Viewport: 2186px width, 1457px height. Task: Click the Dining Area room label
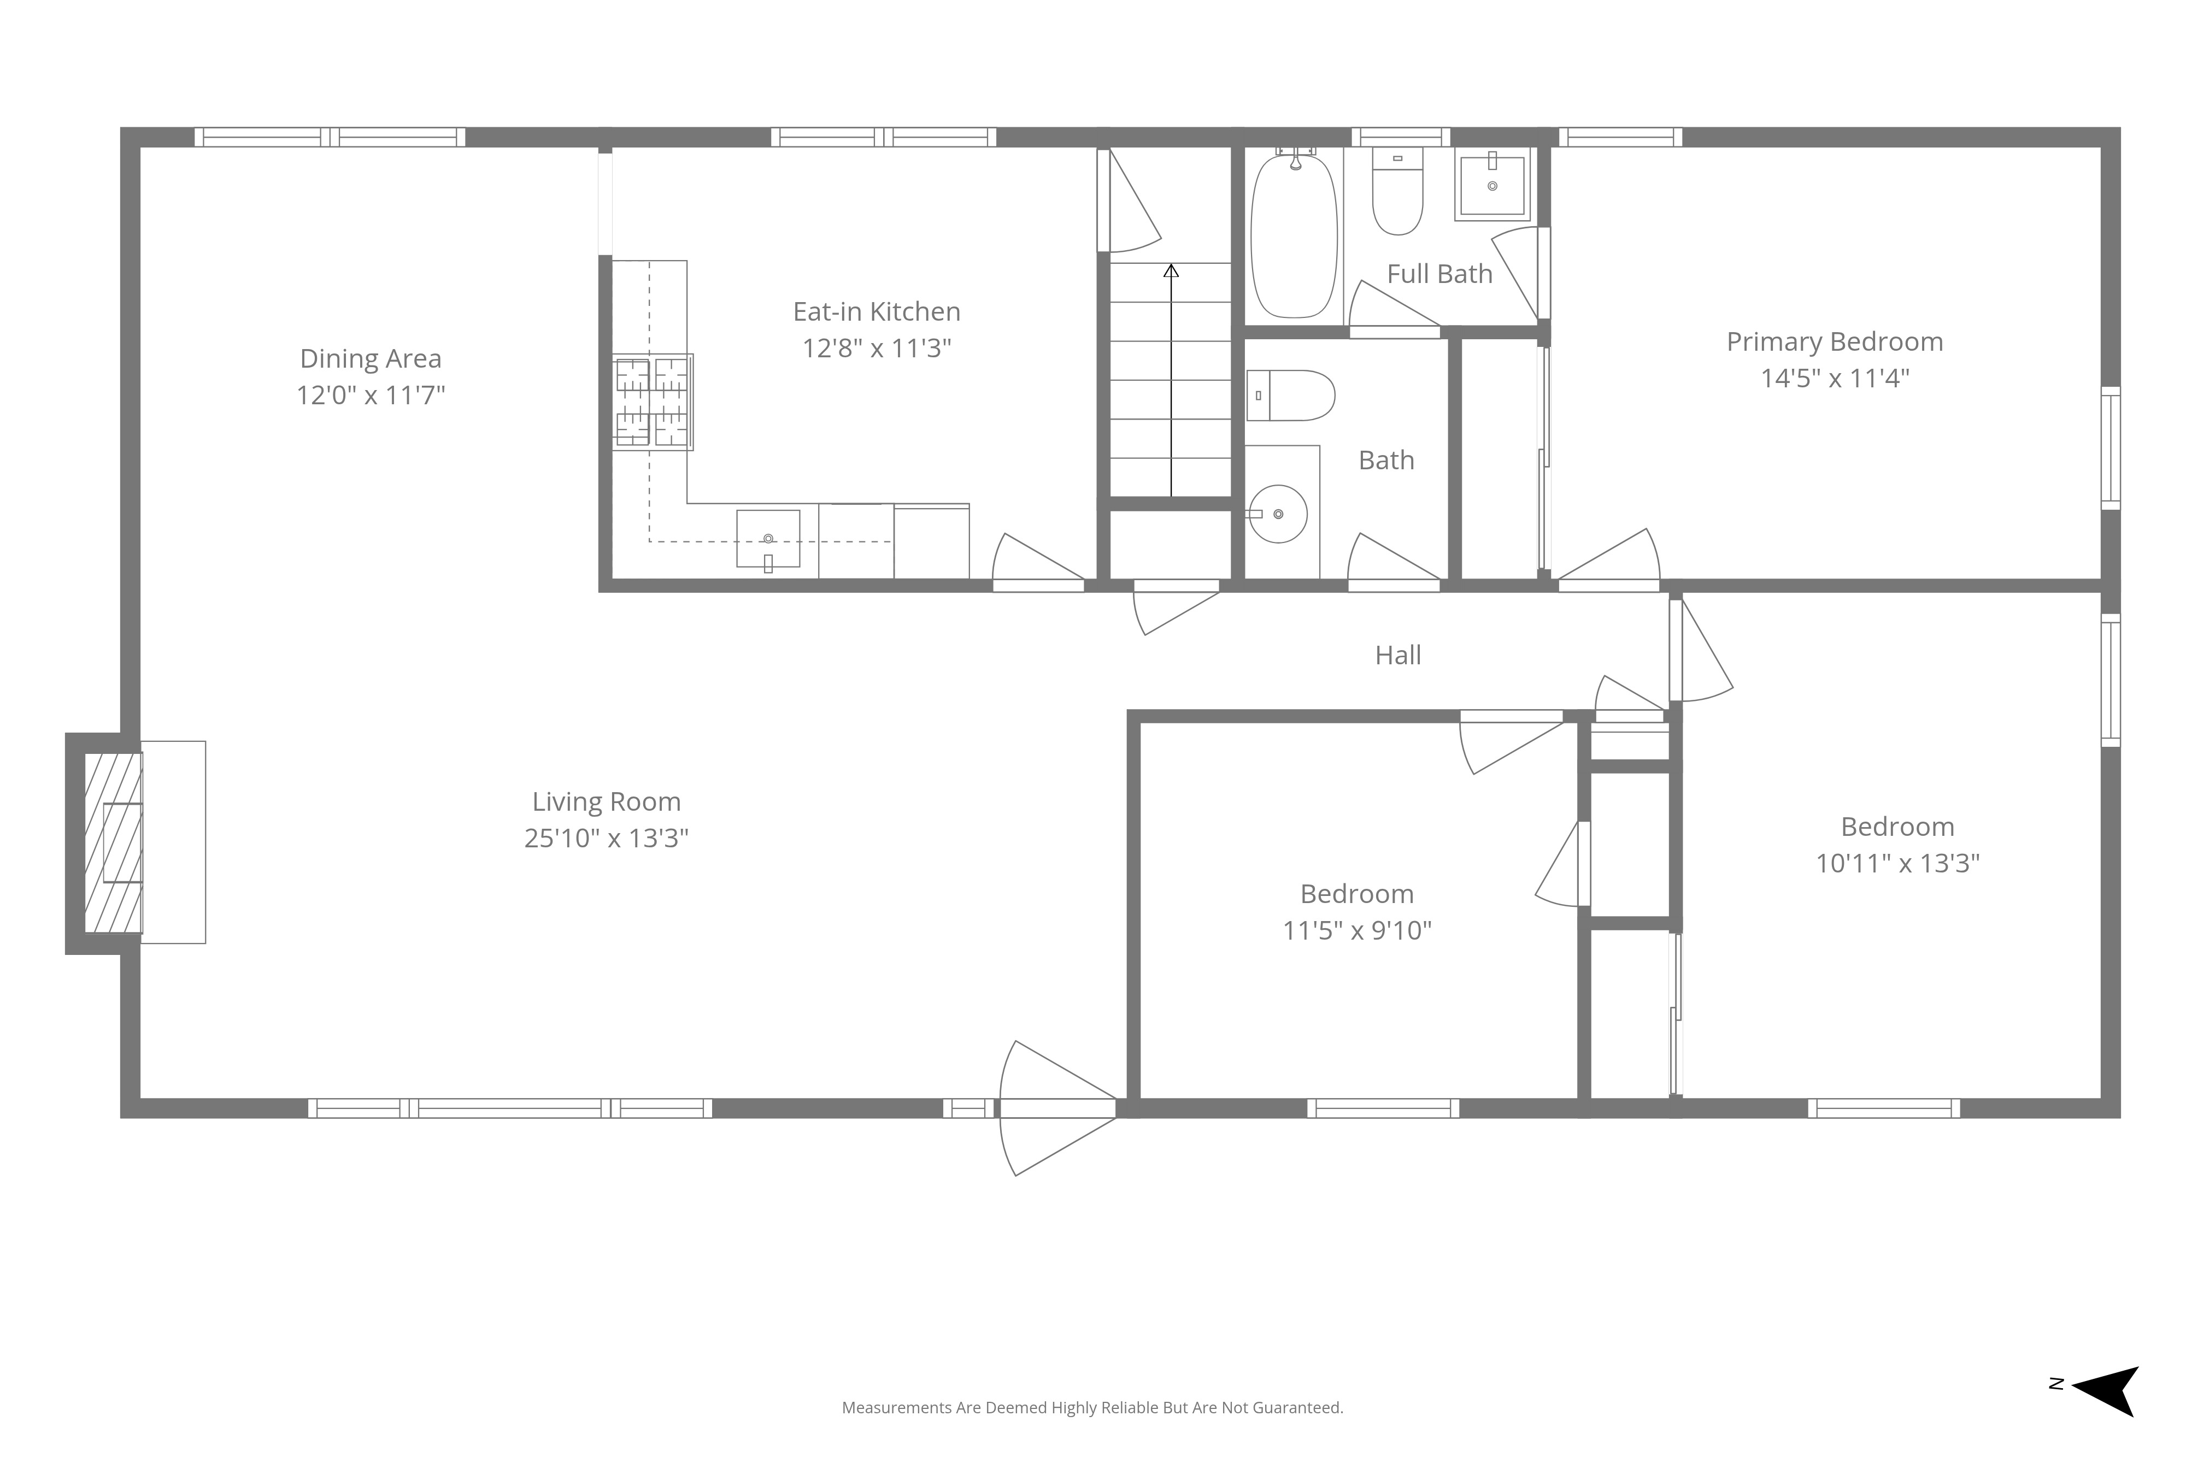point(371,359)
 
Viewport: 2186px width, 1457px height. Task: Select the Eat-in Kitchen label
point(877,311)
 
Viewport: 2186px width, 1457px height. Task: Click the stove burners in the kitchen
point(653,402)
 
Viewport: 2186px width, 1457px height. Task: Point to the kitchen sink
point(768,539)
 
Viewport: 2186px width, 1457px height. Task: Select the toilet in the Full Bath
point(1398,191)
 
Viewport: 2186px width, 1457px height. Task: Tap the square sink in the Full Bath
point(1492,185)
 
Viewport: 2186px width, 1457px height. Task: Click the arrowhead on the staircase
point(1171,270)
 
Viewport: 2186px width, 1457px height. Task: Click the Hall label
point(1398,655)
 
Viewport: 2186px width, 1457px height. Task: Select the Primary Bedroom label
point(1835,342)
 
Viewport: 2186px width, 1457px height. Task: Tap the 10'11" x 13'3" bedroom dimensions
point(1898,863)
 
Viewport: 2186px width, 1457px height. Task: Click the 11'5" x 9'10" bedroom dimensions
point(1357,930)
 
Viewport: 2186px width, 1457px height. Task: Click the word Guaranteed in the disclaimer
point(1296,1408)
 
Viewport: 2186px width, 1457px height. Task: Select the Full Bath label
point(1439,274)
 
